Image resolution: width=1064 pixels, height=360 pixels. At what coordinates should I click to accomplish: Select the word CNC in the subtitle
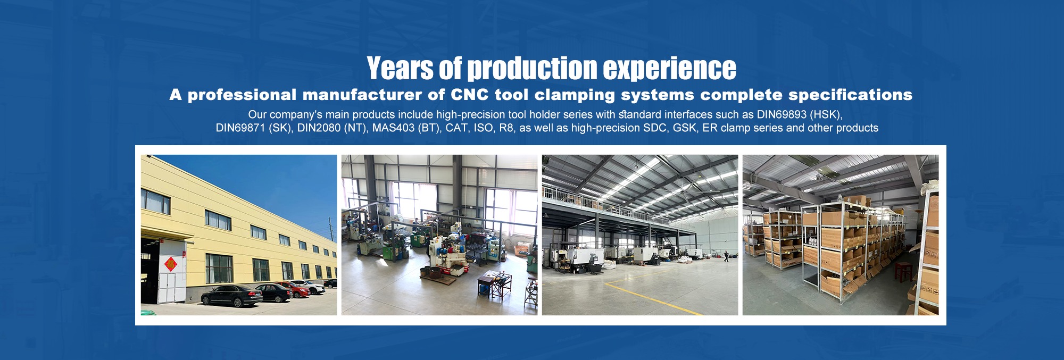(x=469, y=95)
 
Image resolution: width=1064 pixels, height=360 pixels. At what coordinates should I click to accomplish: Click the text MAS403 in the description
(x=393, y=128)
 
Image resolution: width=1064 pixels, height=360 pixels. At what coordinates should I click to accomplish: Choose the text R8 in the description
(x=505, y=128)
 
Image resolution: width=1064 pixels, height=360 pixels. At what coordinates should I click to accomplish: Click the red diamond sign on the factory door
(x=170, y=264)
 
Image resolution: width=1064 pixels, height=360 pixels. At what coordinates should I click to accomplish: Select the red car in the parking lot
(x=297, y=289)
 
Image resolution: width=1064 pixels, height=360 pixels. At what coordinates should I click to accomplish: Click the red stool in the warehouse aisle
(x=902, y=272)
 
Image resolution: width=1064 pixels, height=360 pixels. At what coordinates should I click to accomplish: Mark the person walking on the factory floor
(x=725, y=256)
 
